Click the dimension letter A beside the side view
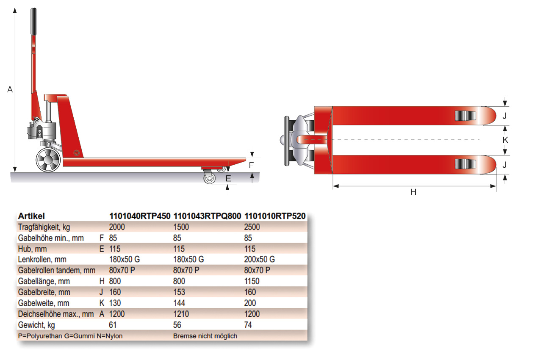point(11,89)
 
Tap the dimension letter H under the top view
point(413,192)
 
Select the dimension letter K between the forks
point(505,139)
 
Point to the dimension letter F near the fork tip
point(251,165)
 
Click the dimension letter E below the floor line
point(228,179)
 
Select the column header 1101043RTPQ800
point(207,216)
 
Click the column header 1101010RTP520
point(275,216)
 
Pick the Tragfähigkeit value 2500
point(252,227)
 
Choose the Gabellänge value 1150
point(252,281)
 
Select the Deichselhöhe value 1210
point(181,314)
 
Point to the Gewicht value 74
point(249,325)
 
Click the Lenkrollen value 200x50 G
point(260,259)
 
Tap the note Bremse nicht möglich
point(205,336)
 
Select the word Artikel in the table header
point(31,216)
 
